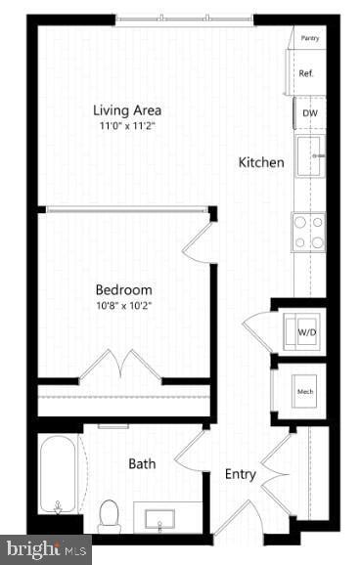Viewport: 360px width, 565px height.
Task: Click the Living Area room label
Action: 127,109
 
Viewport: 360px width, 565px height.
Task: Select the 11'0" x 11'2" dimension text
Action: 127,126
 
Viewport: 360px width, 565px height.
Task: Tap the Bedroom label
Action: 123,289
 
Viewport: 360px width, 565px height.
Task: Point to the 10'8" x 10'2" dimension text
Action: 123,306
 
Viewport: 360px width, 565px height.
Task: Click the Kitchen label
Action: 261,162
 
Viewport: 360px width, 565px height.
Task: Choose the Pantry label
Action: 310,38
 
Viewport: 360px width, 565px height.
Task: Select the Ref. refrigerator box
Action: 305,73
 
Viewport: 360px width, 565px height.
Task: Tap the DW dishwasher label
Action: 309,113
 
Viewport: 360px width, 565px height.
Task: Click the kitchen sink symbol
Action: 311,156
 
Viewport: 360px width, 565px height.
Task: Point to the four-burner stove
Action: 309,232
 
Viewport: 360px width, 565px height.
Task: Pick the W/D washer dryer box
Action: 305,332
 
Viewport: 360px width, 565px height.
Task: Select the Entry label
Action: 241,474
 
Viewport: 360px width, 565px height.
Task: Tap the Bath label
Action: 143,463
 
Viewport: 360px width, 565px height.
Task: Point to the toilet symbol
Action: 110,514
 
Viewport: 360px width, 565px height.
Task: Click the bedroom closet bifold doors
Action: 120,366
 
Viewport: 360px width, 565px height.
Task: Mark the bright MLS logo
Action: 45,549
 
